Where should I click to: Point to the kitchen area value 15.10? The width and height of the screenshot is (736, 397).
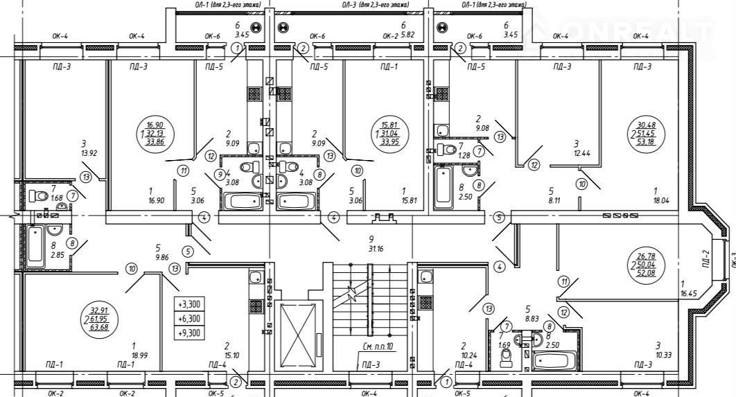point(227,355)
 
